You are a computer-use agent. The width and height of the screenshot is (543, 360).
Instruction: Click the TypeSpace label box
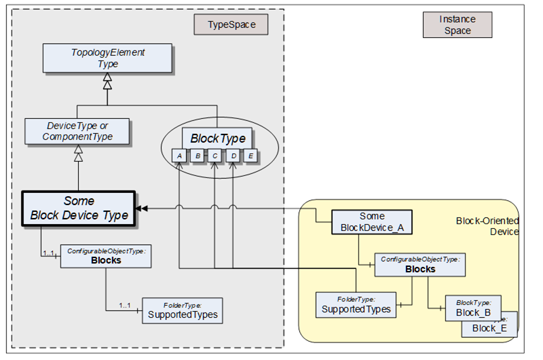click(231, 26)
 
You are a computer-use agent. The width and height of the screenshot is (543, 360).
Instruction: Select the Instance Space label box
click(457, 25)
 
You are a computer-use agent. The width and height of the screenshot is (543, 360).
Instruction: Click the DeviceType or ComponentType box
click(78, 130)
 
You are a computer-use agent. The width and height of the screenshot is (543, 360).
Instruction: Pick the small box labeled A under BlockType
click(179, 156)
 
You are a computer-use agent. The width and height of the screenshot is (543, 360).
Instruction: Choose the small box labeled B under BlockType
click(197, 156)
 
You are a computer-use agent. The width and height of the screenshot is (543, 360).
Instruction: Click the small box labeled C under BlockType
click(214, 156)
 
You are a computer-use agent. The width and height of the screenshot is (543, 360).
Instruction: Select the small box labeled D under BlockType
click(233, 156)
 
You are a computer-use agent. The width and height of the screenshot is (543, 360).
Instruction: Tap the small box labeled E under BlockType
click(250, 156)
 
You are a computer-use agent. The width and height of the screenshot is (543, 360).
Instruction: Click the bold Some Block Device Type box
click(78, 208)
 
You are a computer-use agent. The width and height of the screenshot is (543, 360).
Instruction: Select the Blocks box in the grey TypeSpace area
click(106, 255)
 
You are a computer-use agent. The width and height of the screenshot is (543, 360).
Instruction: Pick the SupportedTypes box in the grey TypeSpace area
click(182, 310)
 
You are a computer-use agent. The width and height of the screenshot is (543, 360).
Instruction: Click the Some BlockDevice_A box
click(372, 222)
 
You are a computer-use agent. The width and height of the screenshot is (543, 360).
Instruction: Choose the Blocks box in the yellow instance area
click(420, 265)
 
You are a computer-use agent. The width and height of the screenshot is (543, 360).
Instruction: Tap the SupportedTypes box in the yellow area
click(356, 304)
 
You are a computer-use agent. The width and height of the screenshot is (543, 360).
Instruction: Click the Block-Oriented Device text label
click(487, 226)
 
